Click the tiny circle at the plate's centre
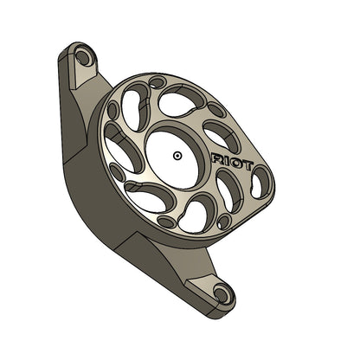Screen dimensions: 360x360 [177, 156]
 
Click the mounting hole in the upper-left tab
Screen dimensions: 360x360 [83, 58]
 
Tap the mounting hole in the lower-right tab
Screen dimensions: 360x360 [222, 293]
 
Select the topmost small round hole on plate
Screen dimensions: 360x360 [156, 83]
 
